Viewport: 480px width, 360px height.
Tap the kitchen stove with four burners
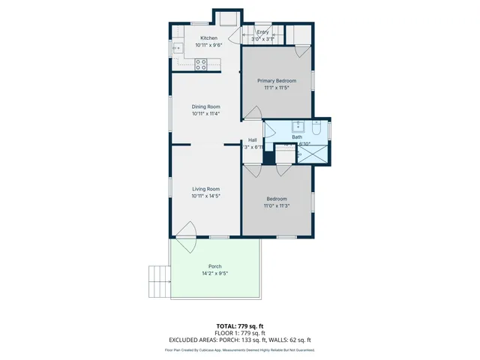coord(201,65)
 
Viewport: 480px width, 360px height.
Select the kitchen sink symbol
coord(178,49)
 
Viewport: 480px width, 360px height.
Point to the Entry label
coord(262,32)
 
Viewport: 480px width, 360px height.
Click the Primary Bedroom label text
coord(276,80)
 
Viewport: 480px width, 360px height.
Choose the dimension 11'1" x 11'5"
coord(276,88)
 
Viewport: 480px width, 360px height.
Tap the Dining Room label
coord(205,106)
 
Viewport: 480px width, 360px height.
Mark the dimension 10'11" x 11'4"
coord(205,114)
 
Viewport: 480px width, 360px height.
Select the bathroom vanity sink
coord(298,126)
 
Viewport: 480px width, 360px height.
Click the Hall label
coord(253,140)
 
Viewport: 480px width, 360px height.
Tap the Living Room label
coord(205,189)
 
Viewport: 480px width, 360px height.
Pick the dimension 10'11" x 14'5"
coord(205,196)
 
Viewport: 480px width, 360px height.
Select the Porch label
coord(214,266)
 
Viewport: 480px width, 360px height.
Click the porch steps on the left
coord(159,281)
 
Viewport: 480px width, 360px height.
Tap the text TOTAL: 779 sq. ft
coord(240,326)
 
